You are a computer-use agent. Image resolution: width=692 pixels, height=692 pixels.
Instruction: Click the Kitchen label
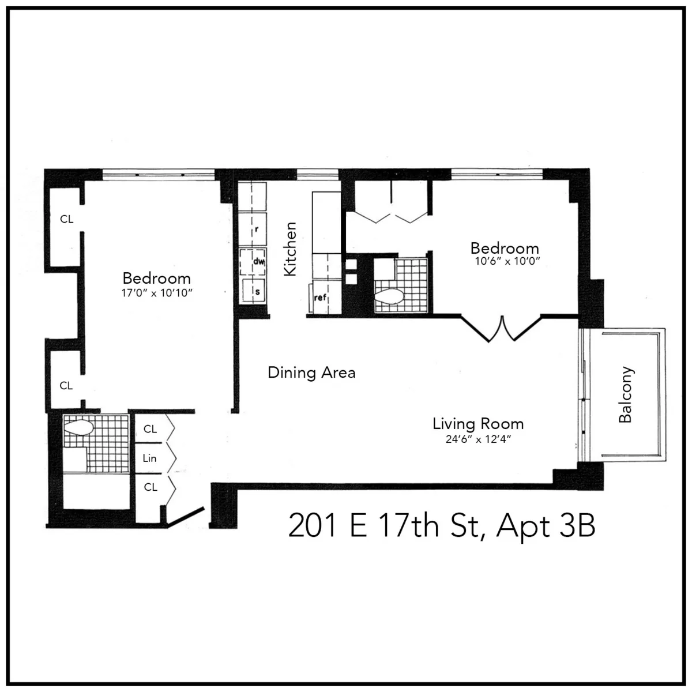click(290, 249)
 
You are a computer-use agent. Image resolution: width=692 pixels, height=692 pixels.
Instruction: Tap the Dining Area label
click(311, 373)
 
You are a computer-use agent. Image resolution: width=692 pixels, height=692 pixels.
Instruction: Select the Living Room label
click(478, 424)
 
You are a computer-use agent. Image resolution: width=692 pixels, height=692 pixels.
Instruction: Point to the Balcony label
click(625, 395)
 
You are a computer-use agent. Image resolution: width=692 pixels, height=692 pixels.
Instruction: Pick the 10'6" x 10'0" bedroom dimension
click(505, 261)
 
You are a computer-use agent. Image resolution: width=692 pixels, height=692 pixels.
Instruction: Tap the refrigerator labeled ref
click(321, 298)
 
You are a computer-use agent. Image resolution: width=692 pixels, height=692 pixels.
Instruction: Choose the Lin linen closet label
click(149, 459)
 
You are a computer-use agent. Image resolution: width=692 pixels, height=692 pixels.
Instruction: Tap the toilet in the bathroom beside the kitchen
click(389, 298)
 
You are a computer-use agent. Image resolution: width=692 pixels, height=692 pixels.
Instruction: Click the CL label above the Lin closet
click(150, 429)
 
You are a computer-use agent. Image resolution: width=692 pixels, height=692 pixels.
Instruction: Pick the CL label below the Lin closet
click(150, 487)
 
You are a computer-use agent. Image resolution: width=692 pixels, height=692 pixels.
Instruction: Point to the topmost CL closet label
click(67, 219)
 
